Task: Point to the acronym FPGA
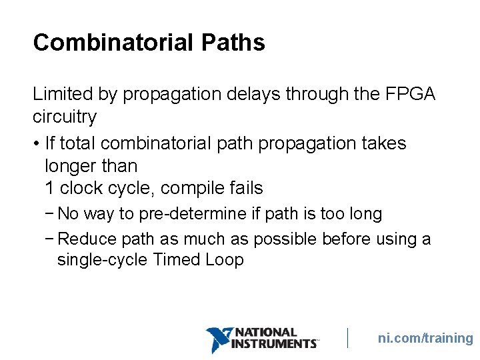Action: [411, 94]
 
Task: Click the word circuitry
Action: [65, 117]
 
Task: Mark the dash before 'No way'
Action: [51, 214]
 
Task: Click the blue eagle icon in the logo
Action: [218, 339]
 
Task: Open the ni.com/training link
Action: [425, 338]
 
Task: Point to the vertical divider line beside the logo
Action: [347, 338]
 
